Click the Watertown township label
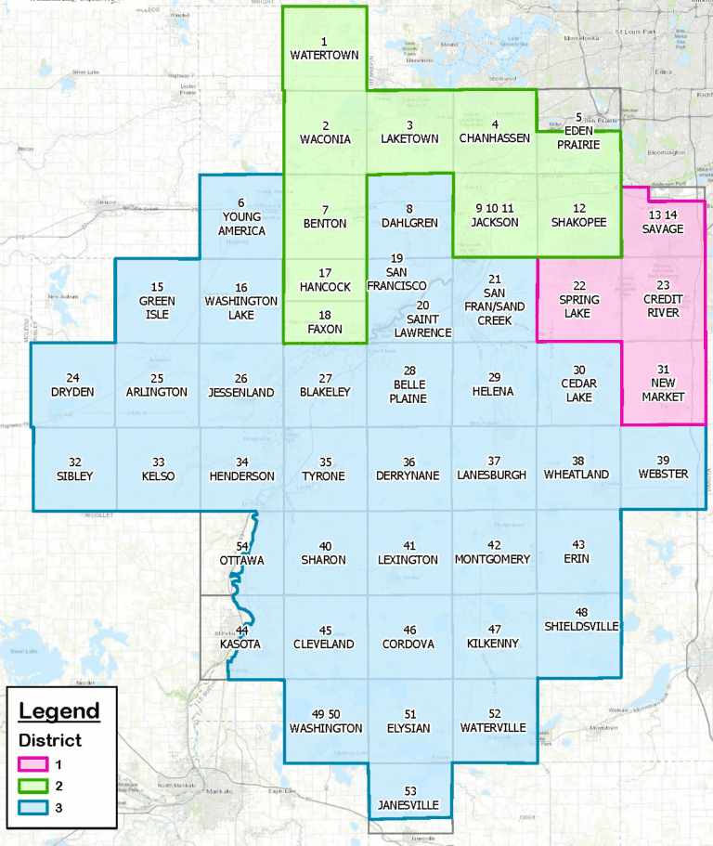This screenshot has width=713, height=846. click(324, 55)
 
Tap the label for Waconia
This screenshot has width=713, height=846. click(325, 138)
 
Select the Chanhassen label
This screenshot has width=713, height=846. click(494, 138)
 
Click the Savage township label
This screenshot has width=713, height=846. click(662, 229)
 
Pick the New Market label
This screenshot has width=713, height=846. click(662, 390)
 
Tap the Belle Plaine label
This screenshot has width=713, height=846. click(409, 392)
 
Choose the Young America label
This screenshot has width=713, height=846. click(240, 224)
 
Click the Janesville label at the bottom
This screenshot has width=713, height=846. click(408, 804)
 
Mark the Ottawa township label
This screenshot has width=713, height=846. click(243, 560)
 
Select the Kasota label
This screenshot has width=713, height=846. click(240, 644)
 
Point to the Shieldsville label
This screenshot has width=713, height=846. click(581, 627)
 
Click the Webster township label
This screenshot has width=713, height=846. click(663, 475)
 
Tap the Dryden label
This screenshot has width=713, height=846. click(73, 392)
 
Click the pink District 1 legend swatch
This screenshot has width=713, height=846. click(32, 764)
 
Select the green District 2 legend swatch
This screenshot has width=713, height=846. click(32, 786)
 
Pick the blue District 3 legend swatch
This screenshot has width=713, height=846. click(32, 807)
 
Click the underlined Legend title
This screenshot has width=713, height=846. click(59, 711)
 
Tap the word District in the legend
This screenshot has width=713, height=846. click(50, 741)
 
